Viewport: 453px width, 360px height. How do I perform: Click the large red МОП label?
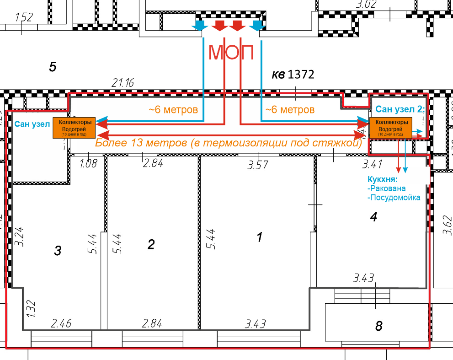(x=231, y=52)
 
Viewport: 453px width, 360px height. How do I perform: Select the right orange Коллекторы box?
(x=390, y=128)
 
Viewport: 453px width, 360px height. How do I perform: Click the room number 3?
(x=58, y=250)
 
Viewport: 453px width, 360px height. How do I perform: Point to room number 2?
(x=151, y=244)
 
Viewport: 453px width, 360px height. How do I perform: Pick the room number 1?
(x=260, y=237)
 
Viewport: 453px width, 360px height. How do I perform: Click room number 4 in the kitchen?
(x=373, y=217)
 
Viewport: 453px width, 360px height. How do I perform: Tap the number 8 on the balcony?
(x=378, y=326)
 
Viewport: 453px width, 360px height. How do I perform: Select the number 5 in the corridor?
(x=52, y=67)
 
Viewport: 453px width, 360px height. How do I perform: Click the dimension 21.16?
(x=123, y=83)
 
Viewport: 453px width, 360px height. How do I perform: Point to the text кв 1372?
(x=293, y=74)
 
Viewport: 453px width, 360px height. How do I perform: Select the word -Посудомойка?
(x=394, y=198)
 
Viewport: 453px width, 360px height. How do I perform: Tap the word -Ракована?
(x=386, y=188)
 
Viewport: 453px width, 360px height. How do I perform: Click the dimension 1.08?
(x=88, y=163)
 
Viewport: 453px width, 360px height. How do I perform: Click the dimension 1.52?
(x=24, y=17)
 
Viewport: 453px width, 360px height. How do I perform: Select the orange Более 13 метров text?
(x=228, y=143)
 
